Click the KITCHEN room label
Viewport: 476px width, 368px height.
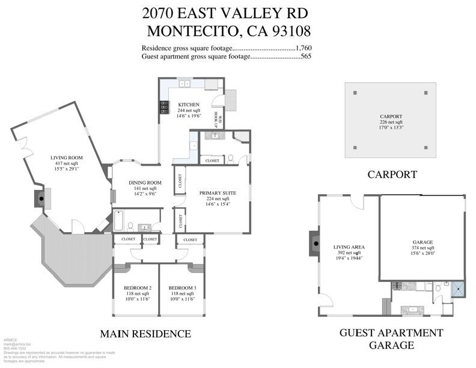point(188,105)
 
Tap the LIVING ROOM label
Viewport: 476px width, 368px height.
point(66,158)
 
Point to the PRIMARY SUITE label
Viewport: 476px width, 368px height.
point(217,192)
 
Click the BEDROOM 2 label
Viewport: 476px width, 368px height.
point(137,287)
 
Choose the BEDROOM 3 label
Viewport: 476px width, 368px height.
point(182,287)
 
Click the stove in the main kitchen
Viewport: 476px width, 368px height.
point(163,108)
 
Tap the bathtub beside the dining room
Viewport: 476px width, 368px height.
point(119,220)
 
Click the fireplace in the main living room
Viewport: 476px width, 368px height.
point(40,197)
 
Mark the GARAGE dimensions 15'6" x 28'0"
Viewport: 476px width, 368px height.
point(423,253)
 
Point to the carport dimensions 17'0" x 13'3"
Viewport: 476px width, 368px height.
point(391,127)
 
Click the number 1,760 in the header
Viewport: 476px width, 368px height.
point(304,48)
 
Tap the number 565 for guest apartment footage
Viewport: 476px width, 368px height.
point(305,57)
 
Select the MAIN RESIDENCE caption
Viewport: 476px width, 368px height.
point(145,334)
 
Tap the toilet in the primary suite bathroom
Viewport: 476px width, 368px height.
point(231,159)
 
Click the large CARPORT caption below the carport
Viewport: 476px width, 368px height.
point(392,174)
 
